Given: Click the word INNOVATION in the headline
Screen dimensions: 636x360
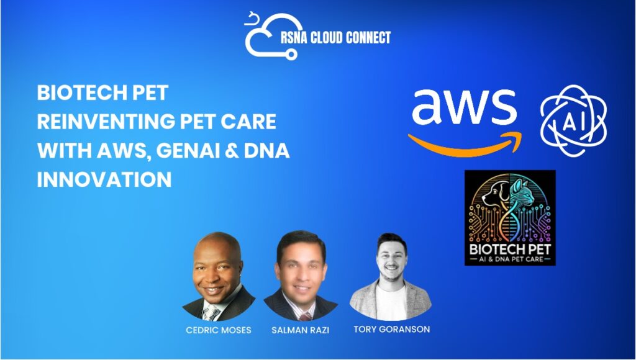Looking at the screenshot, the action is tap(104, 179).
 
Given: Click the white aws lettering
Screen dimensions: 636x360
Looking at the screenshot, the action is tap(464, 107).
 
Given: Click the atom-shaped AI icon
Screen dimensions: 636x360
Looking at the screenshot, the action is tap(573, 120).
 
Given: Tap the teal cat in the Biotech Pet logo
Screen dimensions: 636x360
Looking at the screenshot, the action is tap(522, 192).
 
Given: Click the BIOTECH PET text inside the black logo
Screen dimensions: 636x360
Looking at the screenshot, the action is tap(510, 248).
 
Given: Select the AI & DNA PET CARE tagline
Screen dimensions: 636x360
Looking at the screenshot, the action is tap(511, 259).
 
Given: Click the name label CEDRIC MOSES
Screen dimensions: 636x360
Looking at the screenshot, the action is tap(218, 330).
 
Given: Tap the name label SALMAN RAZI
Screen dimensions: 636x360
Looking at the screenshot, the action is tap(300, 330).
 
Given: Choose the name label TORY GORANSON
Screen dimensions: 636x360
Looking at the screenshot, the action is tap(391, 329).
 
